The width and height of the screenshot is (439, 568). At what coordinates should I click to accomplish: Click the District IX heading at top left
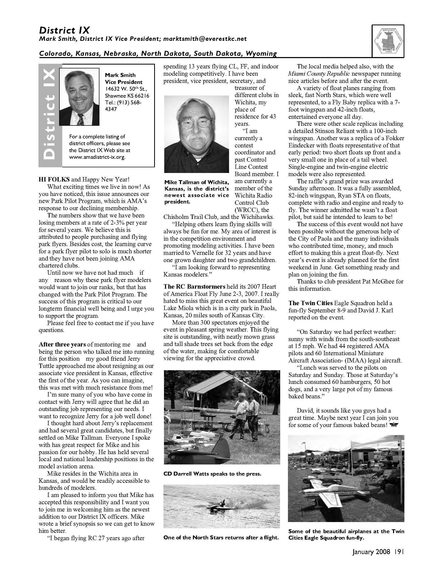[64, 30]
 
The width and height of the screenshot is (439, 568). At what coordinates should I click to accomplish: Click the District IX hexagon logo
[388, 41]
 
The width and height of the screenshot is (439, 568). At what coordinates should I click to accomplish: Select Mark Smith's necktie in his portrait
[81, 119]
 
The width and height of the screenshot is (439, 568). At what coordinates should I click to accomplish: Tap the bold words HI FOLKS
[54, 179]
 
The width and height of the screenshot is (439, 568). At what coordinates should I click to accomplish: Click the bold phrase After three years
[62, 345]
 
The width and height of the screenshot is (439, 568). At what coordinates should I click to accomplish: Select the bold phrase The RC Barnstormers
[194, 287]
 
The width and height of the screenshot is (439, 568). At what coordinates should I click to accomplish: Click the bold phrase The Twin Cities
[310, 303]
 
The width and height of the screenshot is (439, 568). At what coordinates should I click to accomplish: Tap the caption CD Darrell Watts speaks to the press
[212, 474]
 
